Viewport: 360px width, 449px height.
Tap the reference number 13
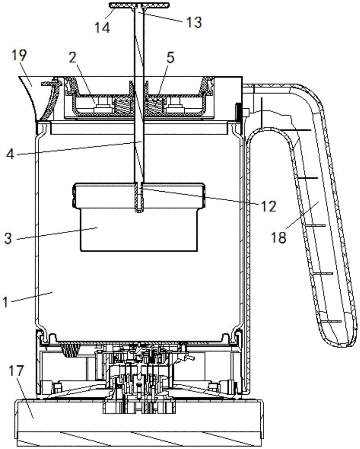(x=194, y=21)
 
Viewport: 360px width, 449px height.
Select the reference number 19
(x=20, y=56)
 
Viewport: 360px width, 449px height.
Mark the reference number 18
(x=280, y=238)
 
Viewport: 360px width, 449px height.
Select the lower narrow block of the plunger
(x=139, y=233)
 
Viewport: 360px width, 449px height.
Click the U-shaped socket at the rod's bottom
(x=141, y=200)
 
